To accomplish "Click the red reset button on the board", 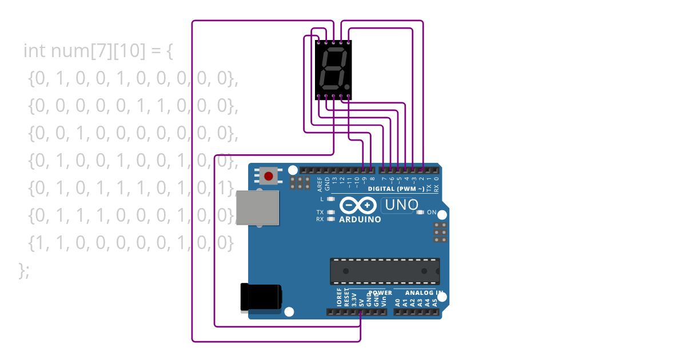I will [268, 175].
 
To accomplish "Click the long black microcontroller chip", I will [385, 271].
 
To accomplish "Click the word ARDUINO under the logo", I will [360, 219].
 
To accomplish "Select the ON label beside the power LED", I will [432, 213].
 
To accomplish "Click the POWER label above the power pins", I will [380, 293].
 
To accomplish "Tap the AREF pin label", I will [320, 183].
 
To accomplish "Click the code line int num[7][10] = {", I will [98, 51].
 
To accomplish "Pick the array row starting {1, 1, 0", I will [131, 243].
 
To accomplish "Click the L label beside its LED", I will [322, 199].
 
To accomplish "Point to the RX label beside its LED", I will [320, 219].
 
